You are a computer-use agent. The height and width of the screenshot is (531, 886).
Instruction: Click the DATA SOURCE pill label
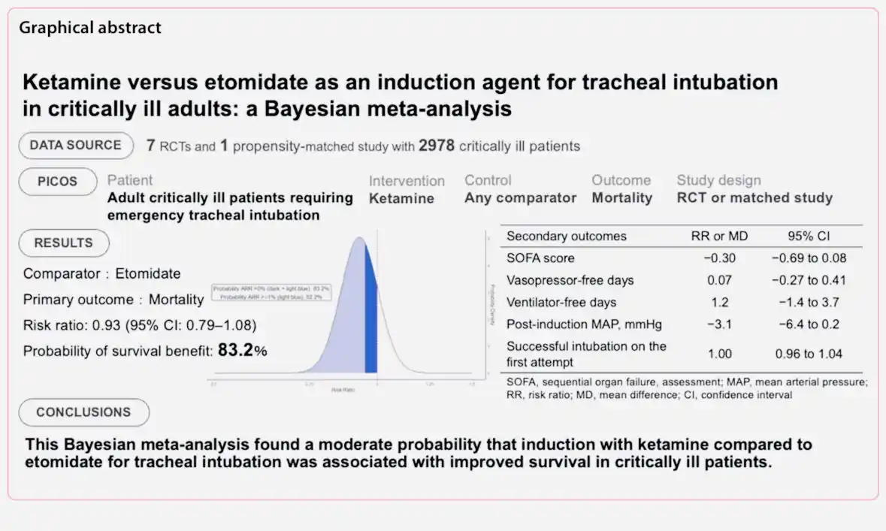(x=75, y=145)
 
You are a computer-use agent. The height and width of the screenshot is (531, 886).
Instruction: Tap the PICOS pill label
(x=58, y=181)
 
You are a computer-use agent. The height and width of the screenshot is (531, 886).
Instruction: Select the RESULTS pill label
(x=64, y=243)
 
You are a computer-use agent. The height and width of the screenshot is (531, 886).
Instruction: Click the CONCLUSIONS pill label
(x=83, y=412)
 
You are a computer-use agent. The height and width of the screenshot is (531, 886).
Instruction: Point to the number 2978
(x=437, y=146)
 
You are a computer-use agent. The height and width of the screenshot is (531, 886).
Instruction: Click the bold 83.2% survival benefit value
(x=242, y=350)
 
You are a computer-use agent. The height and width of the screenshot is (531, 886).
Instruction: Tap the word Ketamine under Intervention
(x=401, y=198)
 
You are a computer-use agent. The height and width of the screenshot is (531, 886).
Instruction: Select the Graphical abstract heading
(x=90, y=29)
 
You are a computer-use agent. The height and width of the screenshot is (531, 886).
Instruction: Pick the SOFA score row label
(x=540, y=258)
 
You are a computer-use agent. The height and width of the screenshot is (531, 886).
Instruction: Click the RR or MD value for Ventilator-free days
(x=719, y=303)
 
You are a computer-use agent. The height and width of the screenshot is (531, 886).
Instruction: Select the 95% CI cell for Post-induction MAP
(x=809, y=324)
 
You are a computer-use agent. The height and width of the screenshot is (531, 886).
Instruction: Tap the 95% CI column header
(x=809, y=236)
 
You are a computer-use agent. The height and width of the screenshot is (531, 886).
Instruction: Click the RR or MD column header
(x=719, y=236)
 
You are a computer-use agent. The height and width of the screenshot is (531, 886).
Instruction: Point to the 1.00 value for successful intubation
(x=719, y=354)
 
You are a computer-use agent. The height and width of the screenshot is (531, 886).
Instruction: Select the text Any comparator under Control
(x=520, y=198)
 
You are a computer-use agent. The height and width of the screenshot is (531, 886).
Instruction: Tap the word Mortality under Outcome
(x=621, y=198)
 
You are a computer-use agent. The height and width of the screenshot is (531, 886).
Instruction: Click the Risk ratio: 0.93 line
(x=140, y=326)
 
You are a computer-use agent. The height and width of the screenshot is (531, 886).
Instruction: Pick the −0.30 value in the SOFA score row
(x=719, y=258)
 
